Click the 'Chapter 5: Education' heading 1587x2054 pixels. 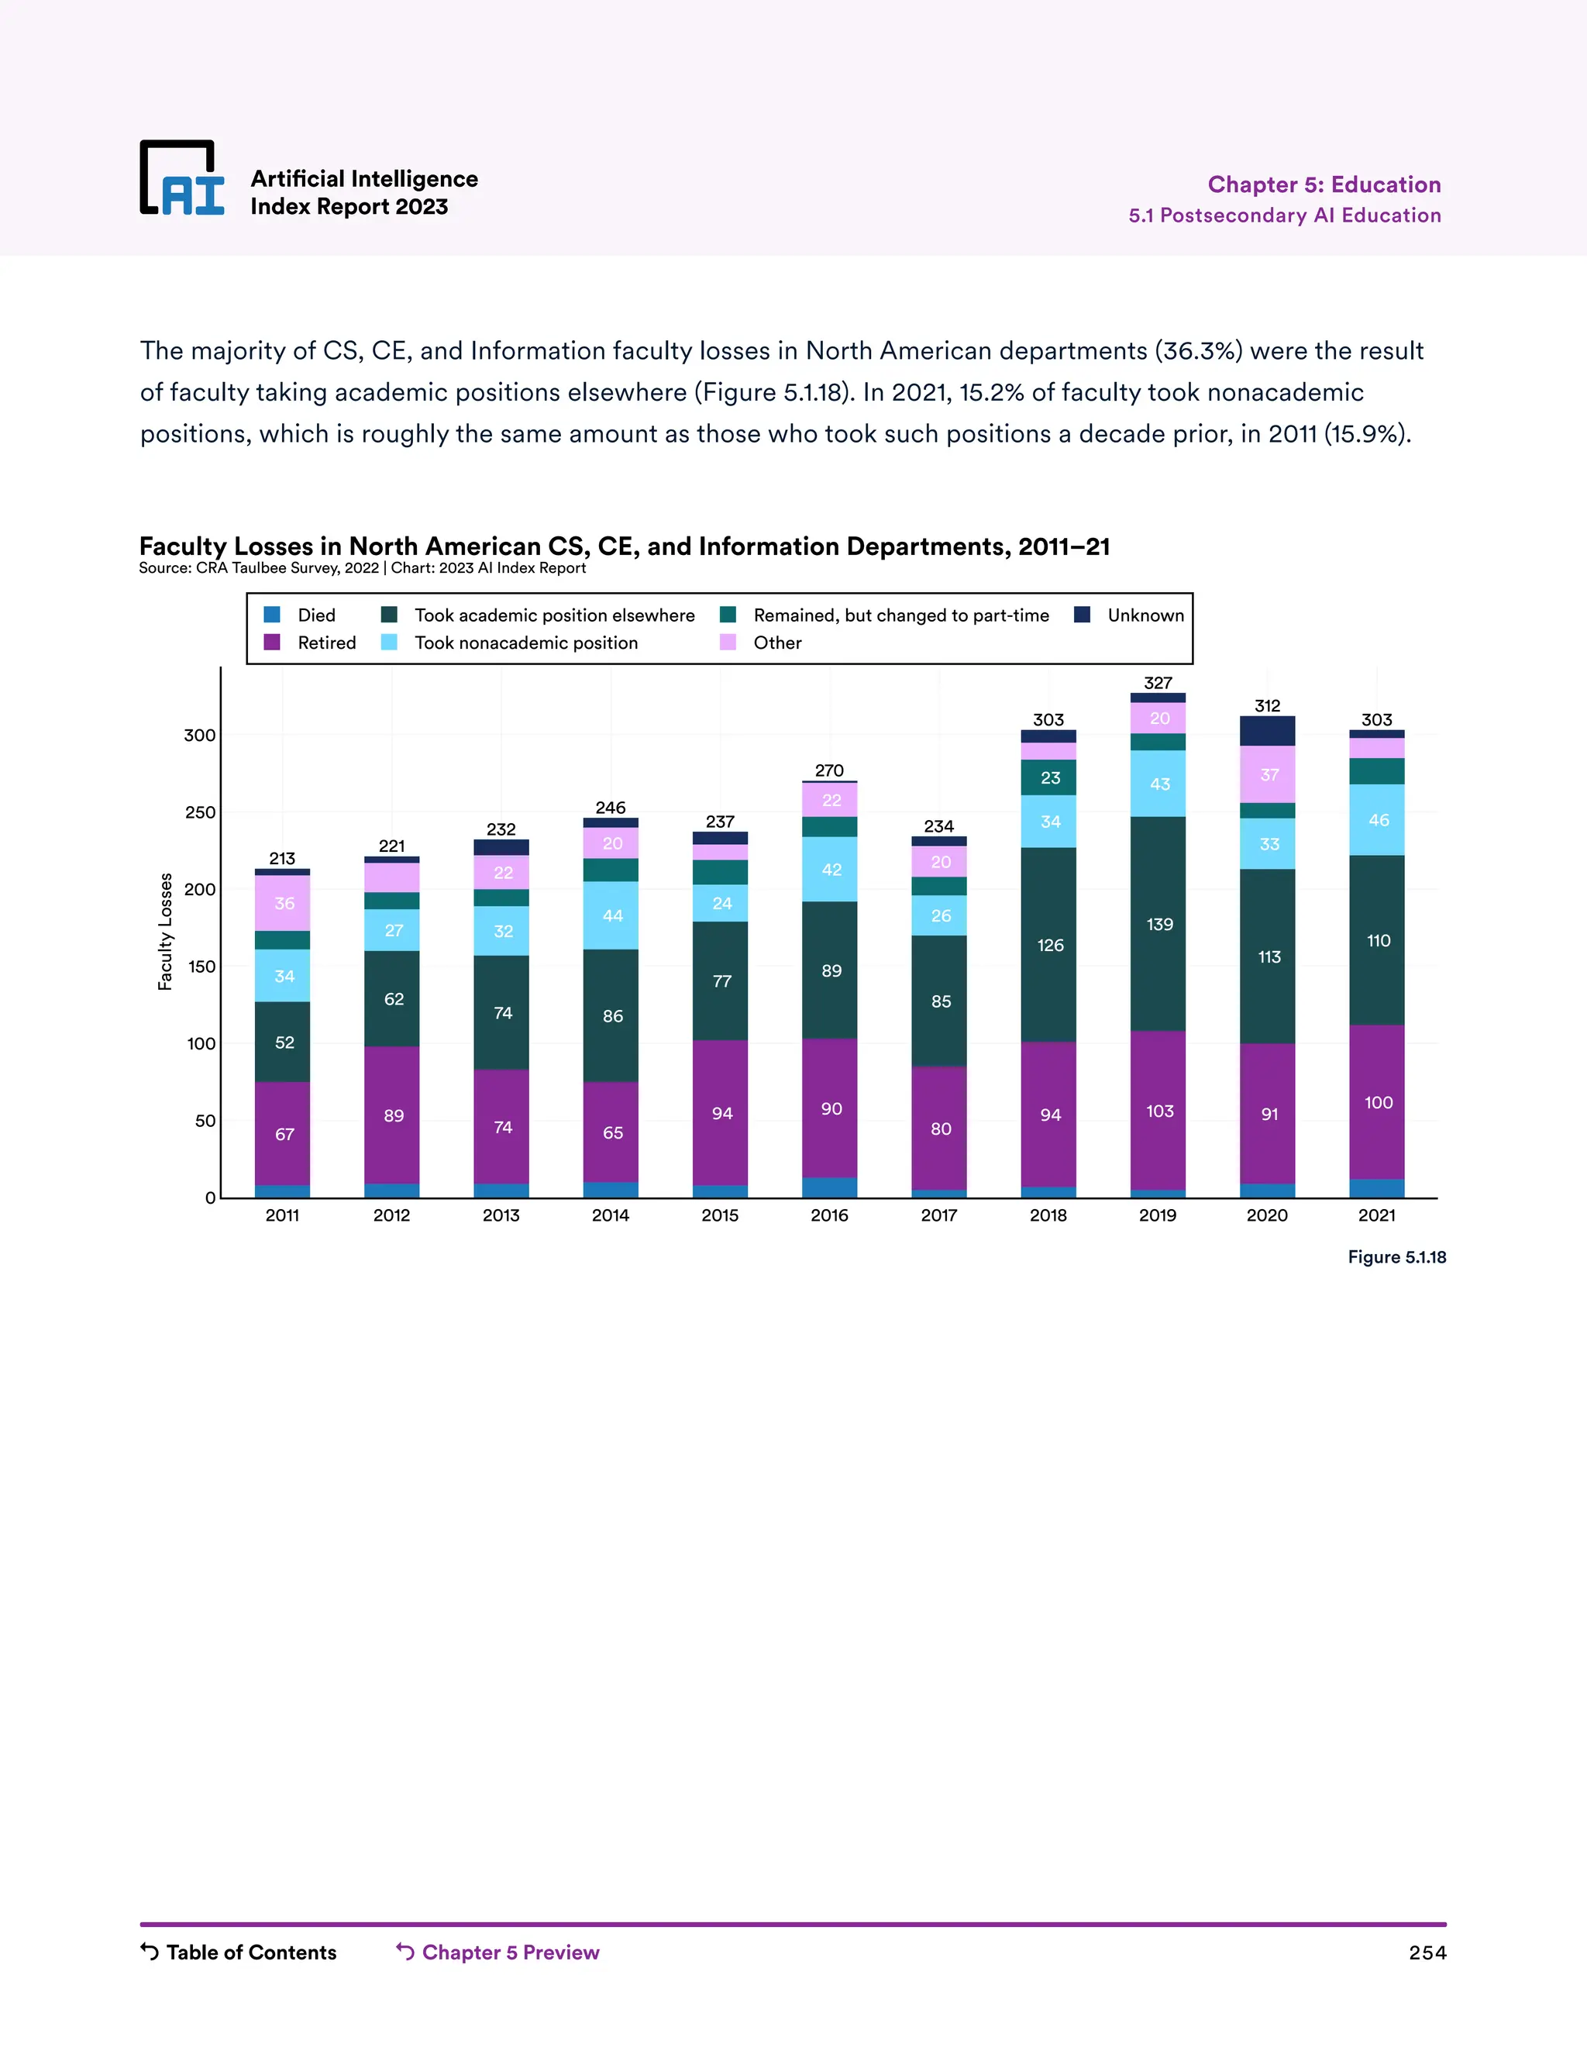click(1324, 184)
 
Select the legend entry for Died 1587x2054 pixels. click(300, 615)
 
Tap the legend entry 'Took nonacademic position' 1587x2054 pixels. click(510, 643)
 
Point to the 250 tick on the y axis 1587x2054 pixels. click(200, 812)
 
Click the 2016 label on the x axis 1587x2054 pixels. click(829, 1215)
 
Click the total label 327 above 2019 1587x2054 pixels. click(1158, 683)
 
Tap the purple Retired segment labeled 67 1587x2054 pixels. click(283, 1134)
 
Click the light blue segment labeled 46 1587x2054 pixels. click(1377, 820)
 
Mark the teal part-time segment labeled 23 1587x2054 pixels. click(1049, 777)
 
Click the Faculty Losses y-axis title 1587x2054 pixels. click(166, 931)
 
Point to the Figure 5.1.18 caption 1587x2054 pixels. click(1396, 1257)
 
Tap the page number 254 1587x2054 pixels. click(1427, 1952)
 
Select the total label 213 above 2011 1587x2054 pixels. click(282, 859)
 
